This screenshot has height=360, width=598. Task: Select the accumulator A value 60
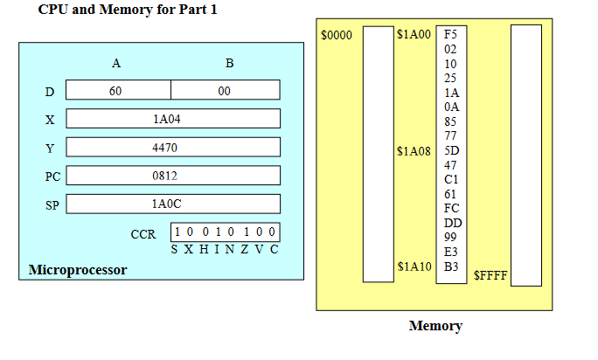point(115,91)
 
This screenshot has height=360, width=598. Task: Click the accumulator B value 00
point(225,91)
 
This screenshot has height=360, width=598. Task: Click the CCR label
point(143,235)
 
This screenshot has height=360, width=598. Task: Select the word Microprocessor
point(78,270)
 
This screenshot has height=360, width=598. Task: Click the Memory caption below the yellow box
point(435,326)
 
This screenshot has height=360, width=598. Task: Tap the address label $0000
point(336,36)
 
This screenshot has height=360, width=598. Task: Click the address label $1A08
point(414,151)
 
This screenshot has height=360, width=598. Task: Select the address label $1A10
point(414,267)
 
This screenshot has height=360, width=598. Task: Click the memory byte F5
point(451,35)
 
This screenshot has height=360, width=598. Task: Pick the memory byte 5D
point(451,150)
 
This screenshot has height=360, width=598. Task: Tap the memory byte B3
point(451,266)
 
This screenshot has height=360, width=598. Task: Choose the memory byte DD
point(451,223)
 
